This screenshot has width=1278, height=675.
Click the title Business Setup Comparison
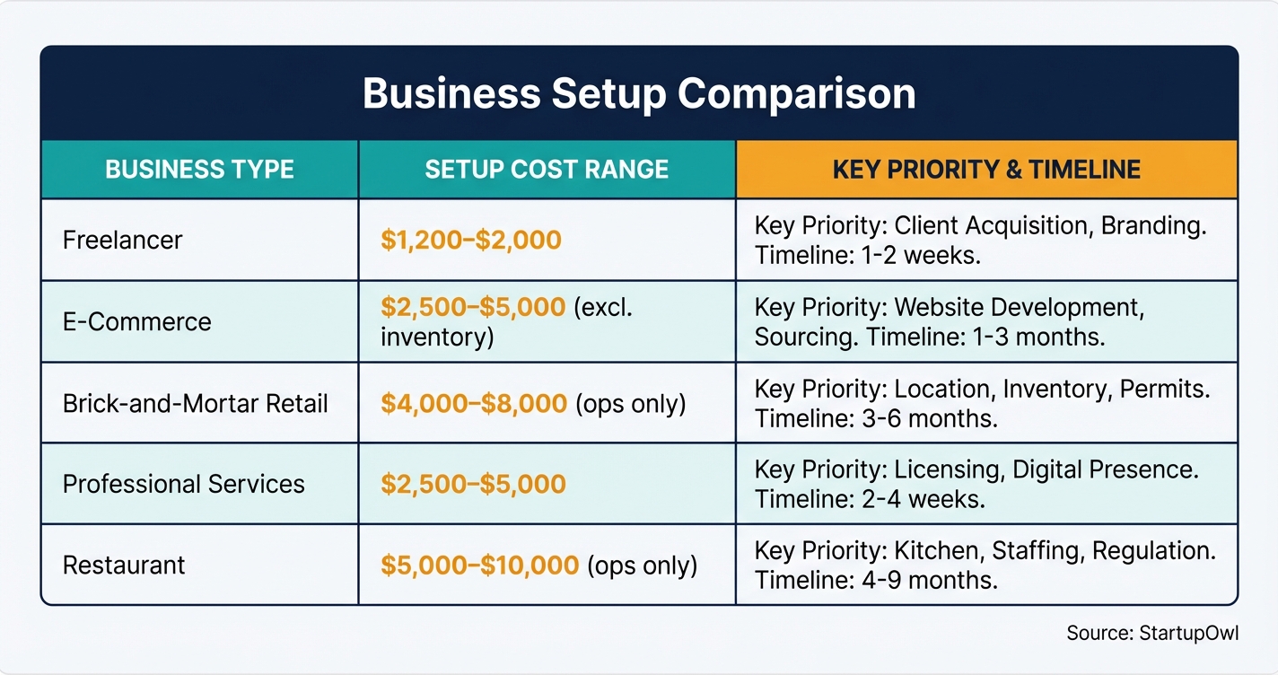639,94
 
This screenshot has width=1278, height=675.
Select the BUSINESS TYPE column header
199,170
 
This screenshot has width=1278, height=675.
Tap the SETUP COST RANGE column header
547,170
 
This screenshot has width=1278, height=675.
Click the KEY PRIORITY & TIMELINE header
986,170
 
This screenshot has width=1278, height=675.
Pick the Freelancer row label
122,241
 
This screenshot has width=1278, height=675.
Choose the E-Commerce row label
137,322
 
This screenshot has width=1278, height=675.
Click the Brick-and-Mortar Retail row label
196,404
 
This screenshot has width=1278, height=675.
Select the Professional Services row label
184,485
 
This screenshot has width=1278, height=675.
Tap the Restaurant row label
124,565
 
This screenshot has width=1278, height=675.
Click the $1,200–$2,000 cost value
471,241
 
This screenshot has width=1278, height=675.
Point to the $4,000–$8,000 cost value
474,404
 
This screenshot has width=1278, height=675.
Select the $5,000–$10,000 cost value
479,565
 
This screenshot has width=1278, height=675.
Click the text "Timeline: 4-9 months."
876,580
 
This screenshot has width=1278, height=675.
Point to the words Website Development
1020,307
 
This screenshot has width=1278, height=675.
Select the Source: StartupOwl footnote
1152,633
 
